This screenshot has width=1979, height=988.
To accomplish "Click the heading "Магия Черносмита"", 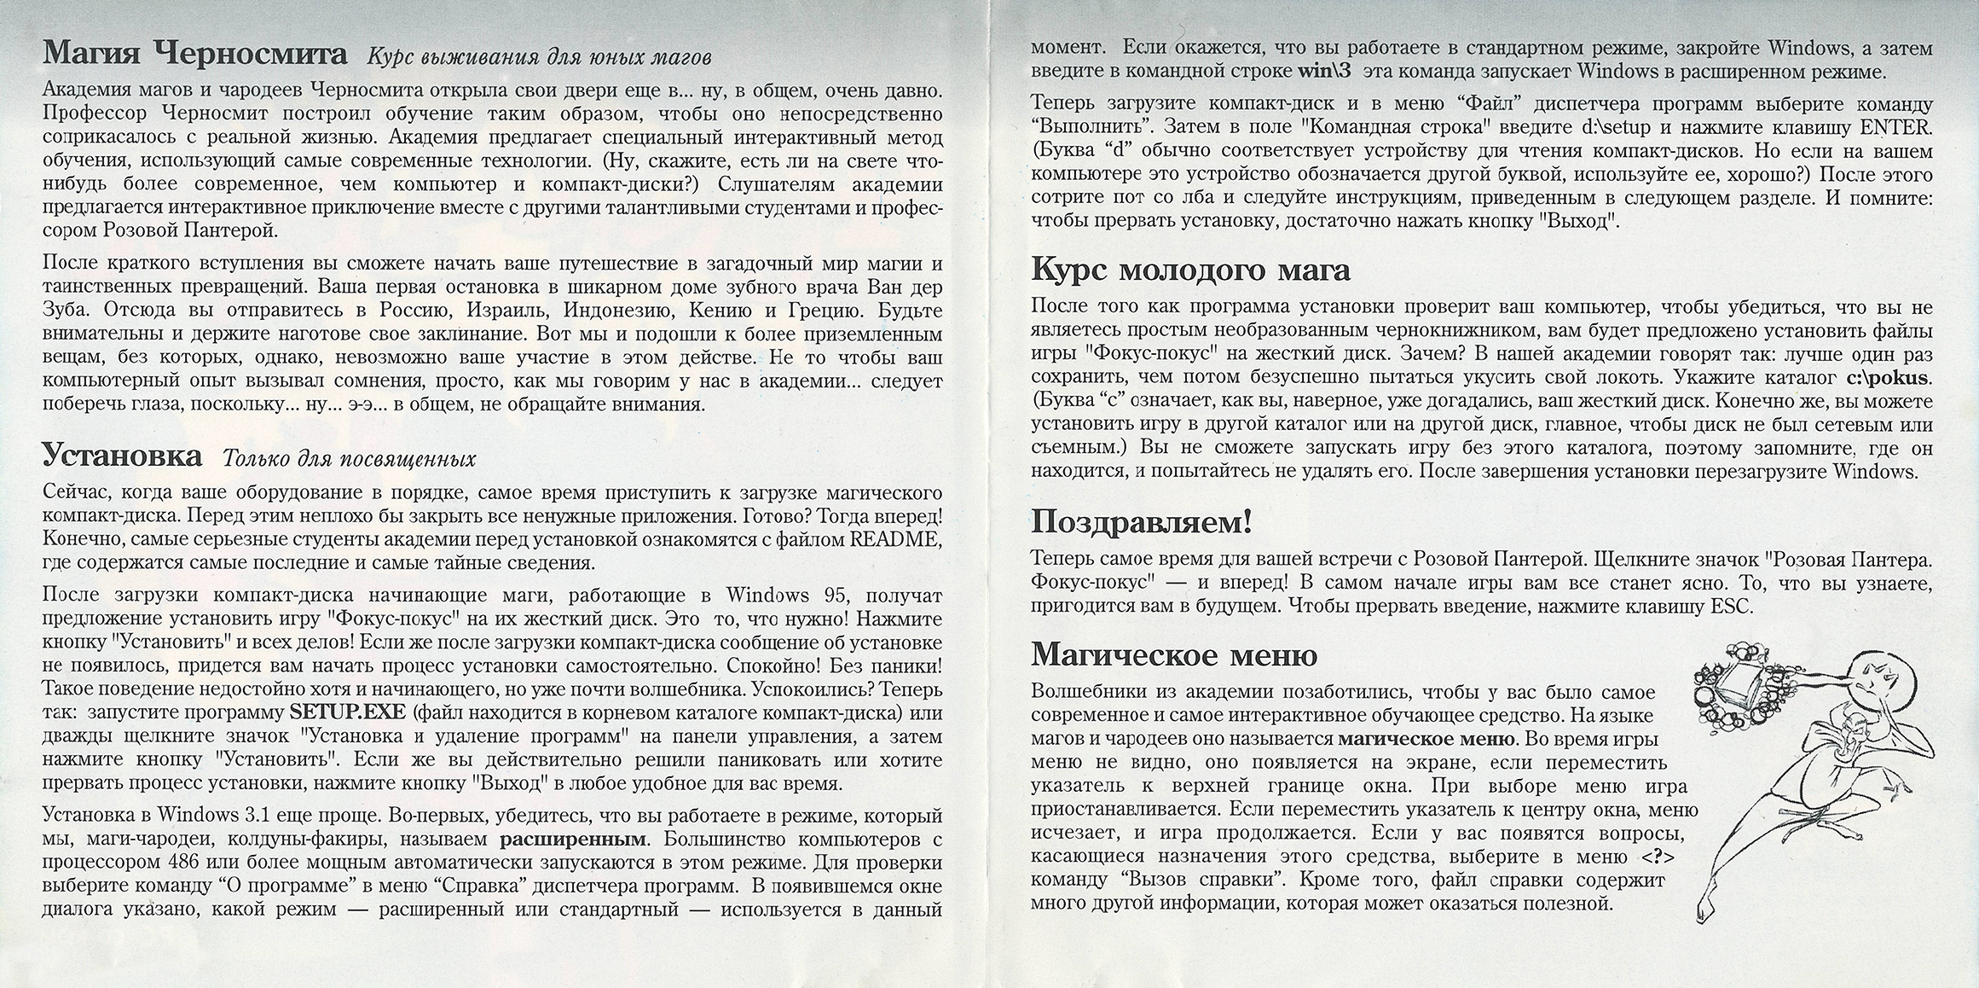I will (x=195, y=55).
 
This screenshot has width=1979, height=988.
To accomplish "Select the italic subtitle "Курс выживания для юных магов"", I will (x=539, y=58).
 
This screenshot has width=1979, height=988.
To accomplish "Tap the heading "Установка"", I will (x=122, y=456).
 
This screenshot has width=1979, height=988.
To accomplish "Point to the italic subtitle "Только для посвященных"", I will (x=349, y=459).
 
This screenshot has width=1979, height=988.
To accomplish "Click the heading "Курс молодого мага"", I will (x=1191, y=270).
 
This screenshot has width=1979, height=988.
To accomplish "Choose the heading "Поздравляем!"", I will (x=1142, y=521).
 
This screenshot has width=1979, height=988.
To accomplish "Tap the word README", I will (x=895, y=539).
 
